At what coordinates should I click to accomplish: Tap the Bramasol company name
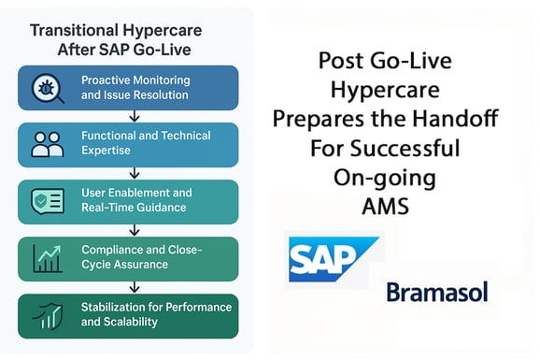click(436, 293)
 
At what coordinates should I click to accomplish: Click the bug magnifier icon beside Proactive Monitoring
click(47, 88)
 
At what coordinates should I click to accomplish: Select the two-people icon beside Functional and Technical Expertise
click(47, 144)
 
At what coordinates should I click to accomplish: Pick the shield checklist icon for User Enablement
click(47, 200)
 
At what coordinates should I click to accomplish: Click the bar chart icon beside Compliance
click(47, 257)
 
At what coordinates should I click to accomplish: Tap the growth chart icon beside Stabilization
click(47, 314)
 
